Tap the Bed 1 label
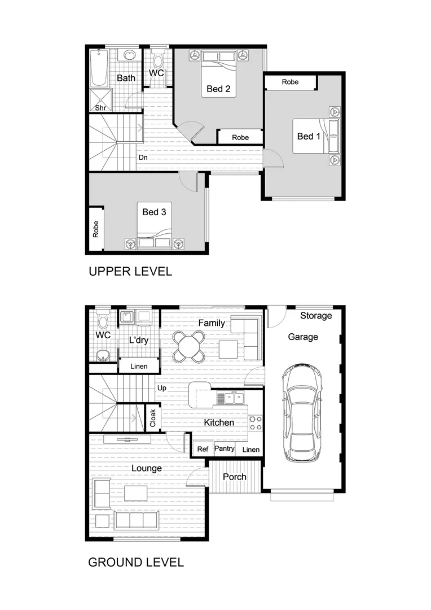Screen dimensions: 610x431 pos(309,136)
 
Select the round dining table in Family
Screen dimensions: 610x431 pos(189,346)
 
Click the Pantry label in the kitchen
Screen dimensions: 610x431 pos(224,449)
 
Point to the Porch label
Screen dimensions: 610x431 pos(234,477)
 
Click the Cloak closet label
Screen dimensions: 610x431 pos(152,419)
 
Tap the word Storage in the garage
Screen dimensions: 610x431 pos(316,316)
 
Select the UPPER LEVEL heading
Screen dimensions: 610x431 pos(130,272)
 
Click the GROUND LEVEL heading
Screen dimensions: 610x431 pos(136,563)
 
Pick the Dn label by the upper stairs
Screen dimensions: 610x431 pos(143,158)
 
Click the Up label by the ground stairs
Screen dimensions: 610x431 pos(162,388)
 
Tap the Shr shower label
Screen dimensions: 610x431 pos(100,107)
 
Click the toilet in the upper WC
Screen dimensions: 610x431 pos(157,59)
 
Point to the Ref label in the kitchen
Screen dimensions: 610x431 pos(203,450)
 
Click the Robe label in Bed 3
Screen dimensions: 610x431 pos(96,229)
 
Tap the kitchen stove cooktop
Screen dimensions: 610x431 pos(255,423)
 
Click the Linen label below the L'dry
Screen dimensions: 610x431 pos(139,367)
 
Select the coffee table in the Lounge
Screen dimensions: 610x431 pos(136,493)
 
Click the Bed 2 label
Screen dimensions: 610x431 pos(218,89)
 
